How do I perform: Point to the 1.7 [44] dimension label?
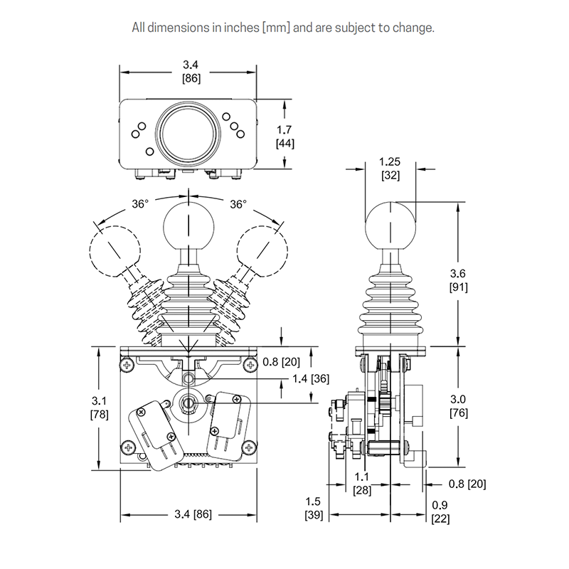coord(284,136)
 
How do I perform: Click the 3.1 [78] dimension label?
coord(99,408)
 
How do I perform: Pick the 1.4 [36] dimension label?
coord(311,378)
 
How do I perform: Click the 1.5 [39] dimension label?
coord(314,507)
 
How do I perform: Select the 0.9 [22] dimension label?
coord(440,512)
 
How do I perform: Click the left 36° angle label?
coord(140,204)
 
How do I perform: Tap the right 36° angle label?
coord(238,204)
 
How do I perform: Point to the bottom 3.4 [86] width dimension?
coord(188,514)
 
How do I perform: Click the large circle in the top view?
coord(188,131)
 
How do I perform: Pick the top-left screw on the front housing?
coord(128,366)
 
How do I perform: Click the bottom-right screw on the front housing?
coord(248,447)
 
